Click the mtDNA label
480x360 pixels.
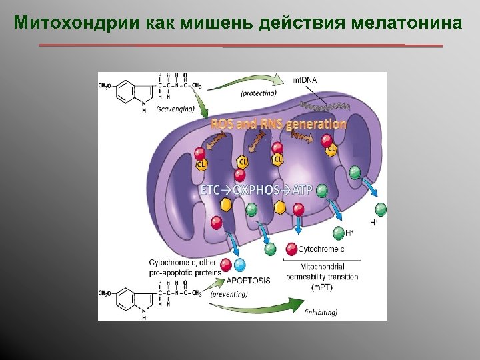point(305,81)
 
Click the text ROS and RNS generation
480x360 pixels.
point(279,124)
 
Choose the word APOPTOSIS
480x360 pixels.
point(248,280)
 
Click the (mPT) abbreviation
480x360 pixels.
point(321,288)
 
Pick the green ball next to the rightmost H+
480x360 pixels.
point(381,208)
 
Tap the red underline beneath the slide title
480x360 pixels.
point(240,46)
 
